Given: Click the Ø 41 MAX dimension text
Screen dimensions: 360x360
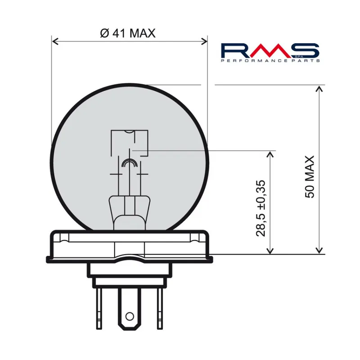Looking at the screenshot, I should tap(126, 33).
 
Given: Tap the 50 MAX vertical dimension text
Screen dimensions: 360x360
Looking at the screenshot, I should tap(310, 177).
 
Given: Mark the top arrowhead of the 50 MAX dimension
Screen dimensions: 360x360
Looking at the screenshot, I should tap(319, 88).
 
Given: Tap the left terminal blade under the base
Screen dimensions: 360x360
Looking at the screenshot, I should tap(99, 308).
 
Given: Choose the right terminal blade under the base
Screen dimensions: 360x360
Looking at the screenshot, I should tap(159, 308).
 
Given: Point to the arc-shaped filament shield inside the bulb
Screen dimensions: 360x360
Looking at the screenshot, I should tap(129, 162).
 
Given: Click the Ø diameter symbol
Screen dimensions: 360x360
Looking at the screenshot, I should tap(103, 33).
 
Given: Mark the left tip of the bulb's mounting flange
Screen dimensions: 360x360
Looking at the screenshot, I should tap(47, 258).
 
